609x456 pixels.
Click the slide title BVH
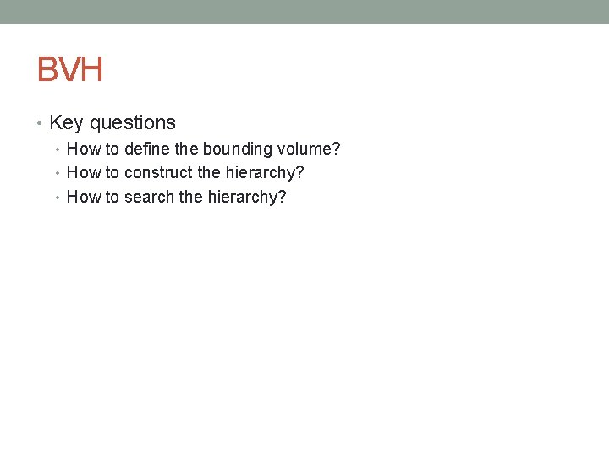[70, 69]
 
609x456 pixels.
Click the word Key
[66, 123]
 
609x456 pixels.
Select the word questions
[133, 123]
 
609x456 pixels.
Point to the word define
[147, 149]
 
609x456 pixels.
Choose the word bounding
[238, 149]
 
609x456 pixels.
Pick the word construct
[158, 173]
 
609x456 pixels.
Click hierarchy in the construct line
[264, 173]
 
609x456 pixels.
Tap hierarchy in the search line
[247, 198]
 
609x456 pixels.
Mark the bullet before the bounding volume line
[58, 150]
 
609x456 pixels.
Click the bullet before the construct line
[58, 174]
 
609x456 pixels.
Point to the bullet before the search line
[58, 198]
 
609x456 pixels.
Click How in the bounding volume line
[83, 149]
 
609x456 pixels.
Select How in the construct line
[83, 173]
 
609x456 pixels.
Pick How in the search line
[83, 198]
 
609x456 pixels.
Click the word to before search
[112, 198]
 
